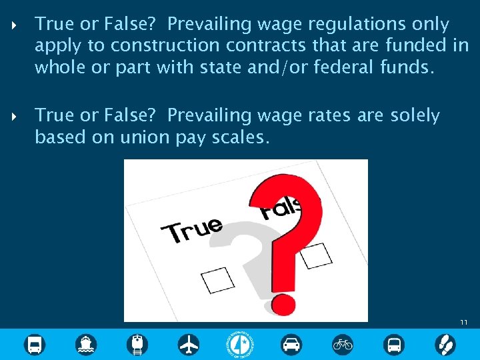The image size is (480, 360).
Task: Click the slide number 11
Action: tap(464, 323)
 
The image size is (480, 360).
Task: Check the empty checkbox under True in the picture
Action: tap(218, 280)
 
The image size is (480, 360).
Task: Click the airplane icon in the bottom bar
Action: tap(189, 344)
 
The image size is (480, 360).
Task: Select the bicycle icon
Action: tap(343, 344)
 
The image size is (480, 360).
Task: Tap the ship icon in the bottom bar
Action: tap(86, 344)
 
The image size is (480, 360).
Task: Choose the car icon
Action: tap(291, 344)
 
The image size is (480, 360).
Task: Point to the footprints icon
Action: tap(445, 344)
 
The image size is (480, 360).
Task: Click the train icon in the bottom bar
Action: tap(138, 344)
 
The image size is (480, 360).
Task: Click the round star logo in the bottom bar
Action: tap(240, 344)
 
